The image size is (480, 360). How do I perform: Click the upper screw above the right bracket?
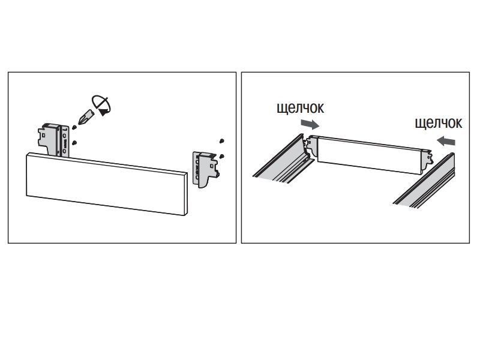(x=223, y=140)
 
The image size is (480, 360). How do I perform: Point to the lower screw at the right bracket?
(x=222, y=155)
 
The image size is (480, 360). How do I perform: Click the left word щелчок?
(x=300, y=109)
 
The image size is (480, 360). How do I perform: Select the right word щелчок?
(x=439, y=123)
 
